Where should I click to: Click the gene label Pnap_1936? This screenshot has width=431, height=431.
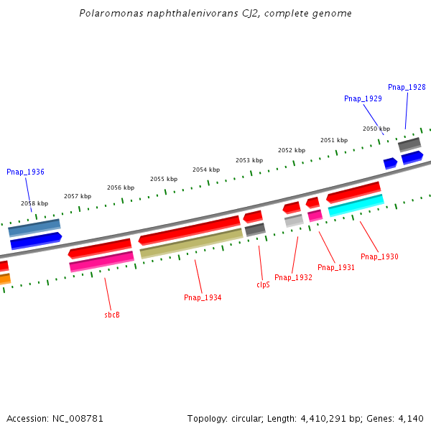(25, 172)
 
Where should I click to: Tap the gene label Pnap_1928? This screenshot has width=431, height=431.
(407, 87)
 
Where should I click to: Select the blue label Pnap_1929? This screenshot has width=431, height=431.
(363, 98)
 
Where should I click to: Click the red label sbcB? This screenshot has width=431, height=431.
(112, 315)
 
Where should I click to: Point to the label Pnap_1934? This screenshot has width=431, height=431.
(203, 297)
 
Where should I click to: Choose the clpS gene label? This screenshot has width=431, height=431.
(263, 284)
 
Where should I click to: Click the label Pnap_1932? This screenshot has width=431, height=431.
(293, 277)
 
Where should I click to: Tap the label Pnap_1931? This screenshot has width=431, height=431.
(336, 267)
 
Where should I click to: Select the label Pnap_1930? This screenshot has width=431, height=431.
(379, 256)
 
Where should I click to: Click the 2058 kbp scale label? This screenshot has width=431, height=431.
(34, 203)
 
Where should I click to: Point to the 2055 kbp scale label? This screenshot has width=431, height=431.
(164, 179)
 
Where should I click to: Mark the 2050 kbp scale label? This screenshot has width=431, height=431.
(376, 129)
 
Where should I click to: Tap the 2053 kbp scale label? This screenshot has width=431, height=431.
(249, 160)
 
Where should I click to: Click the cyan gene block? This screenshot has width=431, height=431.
(356, 205)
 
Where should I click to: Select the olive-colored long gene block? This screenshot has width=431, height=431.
(191, 244)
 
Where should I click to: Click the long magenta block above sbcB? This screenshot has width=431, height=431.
(101, 261)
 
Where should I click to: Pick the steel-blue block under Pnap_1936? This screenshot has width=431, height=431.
(34, 228)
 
